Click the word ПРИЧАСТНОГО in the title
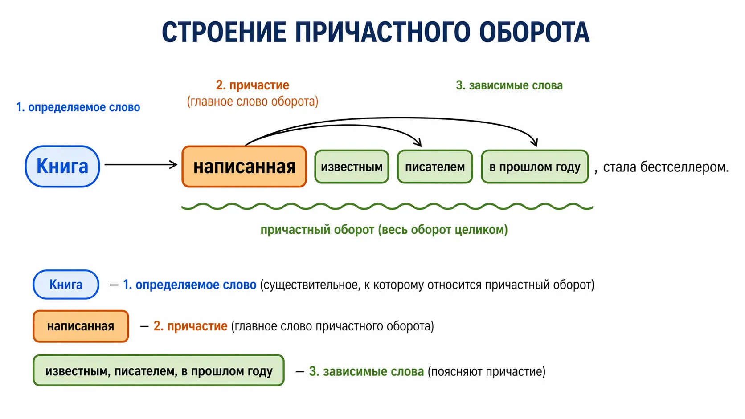[x=382, y=32]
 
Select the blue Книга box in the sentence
[x=62, y=167]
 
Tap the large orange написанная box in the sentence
[x=244, y=167]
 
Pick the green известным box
[x=352, y=167]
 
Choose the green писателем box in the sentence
[x=434, y=167]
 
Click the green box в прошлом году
[x=535, y=167]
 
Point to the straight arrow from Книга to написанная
[x=140, y=165]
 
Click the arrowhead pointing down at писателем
[x=418, y=142]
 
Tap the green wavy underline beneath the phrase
[x=387, y=207]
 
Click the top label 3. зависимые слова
[x=509, y=85]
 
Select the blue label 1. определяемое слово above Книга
[x=78, y=107]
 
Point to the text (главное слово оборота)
[x=253, y=102]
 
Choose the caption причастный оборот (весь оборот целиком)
[x=384, y=230]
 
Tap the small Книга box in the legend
[x=66, y=285]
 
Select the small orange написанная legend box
[x=81, y=326]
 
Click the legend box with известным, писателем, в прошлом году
[x=159, y=370]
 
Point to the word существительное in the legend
[x=311, y=285]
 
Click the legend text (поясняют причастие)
[x=487, y=371]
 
